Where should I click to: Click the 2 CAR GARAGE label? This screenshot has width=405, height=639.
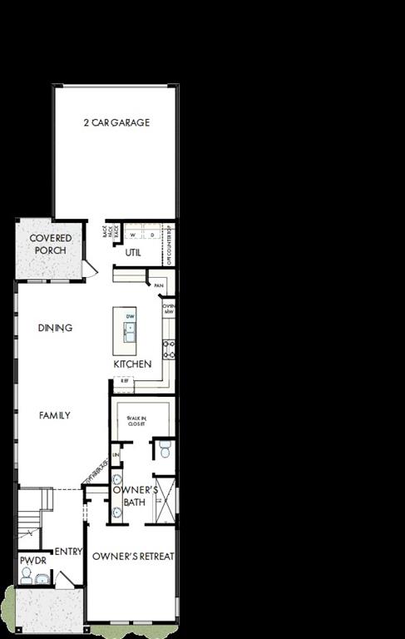click(x=116, y=123)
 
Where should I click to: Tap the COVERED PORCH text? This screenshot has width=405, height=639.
click(x=51, y=244)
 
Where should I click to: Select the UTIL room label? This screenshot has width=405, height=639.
click(x=132, y=253)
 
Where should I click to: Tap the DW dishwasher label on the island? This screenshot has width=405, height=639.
click(x=130, y=317)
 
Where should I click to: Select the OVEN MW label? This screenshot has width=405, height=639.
click(x=168, y=309)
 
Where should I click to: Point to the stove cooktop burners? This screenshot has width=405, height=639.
click(x=169, y=349)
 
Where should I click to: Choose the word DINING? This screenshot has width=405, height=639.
click(x=55, y=328)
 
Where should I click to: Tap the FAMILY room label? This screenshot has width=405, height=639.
click(x=55, y=415)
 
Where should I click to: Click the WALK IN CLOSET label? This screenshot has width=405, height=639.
click(x=136, y=421)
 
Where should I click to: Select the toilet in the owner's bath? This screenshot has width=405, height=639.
click(x=164, y=451)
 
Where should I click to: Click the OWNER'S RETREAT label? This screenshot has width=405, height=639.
click(x=133, y=556)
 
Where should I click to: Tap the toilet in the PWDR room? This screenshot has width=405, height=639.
click(x=27, y=576)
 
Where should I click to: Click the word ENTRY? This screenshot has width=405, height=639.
click(x=67, y=552)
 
